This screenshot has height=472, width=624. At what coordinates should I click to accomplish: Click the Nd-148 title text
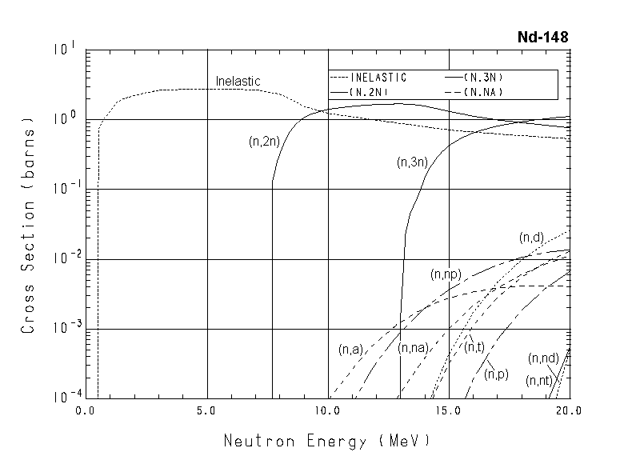pyautogui.click(x=543, y=38)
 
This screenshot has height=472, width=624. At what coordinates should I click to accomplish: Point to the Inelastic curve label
pyautogui.click(x=238, y=81)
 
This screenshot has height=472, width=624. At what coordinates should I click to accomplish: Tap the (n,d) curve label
pyautogui.click(x=531, y=238)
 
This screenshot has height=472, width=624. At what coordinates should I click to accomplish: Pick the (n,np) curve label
pyautogui.click(x=446, y=274)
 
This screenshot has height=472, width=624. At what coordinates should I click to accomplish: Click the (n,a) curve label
pyautogui.click(x=351, y=349)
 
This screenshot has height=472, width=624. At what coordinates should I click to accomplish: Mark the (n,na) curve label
pyautogui.click(x=414, y=348)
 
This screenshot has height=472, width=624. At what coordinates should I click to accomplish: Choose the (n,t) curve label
pyautogui.click(x=474, y=347)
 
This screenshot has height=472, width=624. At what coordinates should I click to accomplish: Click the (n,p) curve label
pyautogui.click(x=497, y=374)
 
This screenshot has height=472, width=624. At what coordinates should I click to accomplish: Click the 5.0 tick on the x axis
pyautogui.click(x=207, y=410)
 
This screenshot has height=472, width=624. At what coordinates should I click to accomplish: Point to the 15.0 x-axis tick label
pyautogui.click(x=448, y=410)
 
